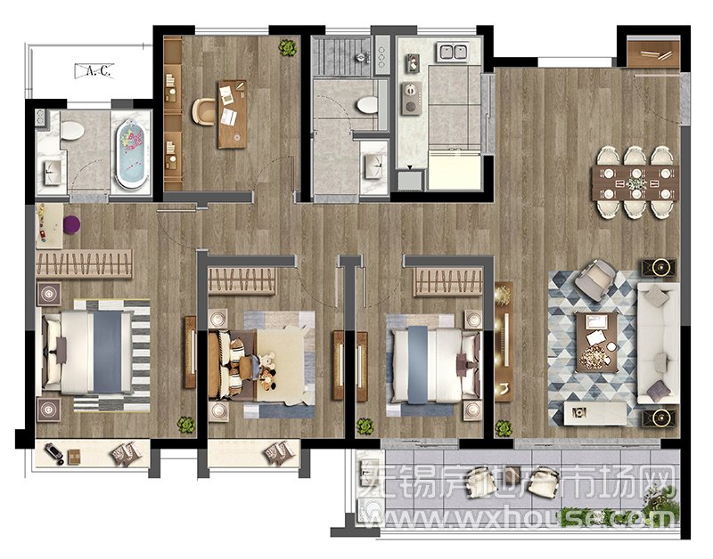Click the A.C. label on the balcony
tap(94, 71)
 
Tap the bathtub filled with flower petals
tap(132, 153)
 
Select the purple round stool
tap(71, 225)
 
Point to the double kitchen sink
tap(453, 52)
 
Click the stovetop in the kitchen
tap(411, 99)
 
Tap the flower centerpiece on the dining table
tap(635, 184)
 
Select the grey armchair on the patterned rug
tap(595, 279)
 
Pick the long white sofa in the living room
tap(658, 344)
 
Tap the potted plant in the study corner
tap(287, 47)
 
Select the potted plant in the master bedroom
tap(186, 425)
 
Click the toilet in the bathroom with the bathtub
tap(72, 131)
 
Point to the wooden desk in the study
tap(233, 115)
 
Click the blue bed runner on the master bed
tap(107, 352)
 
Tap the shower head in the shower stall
tap(361, 58)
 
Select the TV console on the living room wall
tap(504, 342)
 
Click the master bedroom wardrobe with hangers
tap(84, 263)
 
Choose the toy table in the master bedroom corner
tap(49, 226)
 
